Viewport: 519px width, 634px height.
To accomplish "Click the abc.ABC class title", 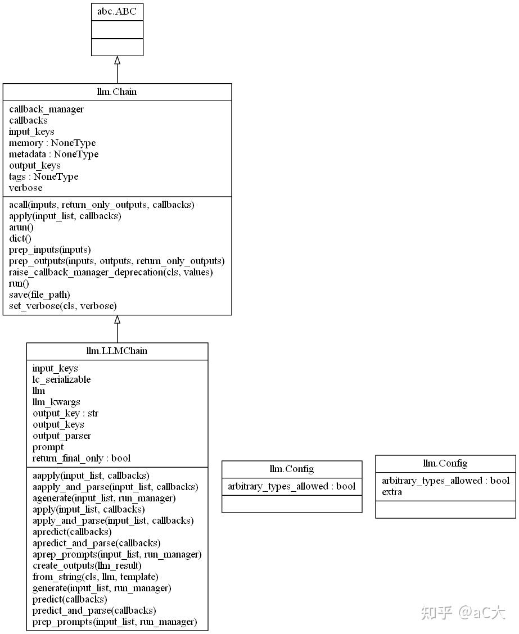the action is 117,11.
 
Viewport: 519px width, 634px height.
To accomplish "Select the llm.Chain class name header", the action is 117,92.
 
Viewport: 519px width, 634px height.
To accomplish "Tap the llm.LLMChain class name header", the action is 117,351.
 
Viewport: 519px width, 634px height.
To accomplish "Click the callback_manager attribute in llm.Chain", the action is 47,109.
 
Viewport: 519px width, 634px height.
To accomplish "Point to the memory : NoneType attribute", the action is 52,143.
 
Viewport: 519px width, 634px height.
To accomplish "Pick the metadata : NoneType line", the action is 54,154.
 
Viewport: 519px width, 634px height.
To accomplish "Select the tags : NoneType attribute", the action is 44,176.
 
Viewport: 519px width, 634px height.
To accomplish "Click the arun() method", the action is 21,227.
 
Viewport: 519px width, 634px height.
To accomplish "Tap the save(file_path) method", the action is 40,295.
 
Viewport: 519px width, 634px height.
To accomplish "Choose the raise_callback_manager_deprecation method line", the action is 111,272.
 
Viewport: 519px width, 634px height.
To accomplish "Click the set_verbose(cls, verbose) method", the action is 63,306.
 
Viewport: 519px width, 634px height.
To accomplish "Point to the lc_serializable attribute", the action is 61,379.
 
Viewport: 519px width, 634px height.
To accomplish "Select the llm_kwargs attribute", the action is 56,402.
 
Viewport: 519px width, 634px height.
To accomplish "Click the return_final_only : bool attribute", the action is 82,458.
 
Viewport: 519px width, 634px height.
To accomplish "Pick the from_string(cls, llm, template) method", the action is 96,577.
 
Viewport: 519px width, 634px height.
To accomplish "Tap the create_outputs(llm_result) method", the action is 87,565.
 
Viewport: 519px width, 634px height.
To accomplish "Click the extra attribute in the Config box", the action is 392,492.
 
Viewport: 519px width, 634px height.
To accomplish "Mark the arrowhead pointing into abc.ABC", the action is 118,60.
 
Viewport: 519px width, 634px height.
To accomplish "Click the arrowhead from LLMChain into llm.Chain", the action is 118,319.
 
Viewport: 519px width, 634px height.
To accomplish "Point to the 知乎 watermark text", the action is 436,613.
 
